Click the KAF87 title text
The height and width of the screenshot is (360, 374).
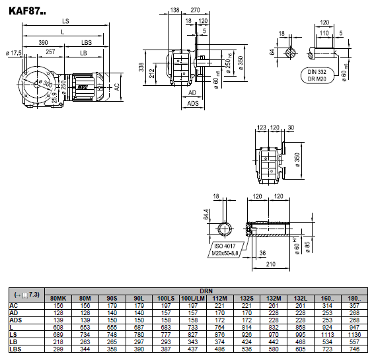pyautogui.click(x=27, y=11)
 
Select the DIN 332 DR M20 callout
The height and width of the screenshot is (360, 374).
pyautogui.click(x=317, y=75)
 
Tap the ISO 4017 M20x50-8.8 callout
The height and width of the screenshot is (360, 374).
pyautogui.click(x=225, y=250)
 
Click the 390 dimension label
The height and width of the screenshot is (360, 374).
pyautogui.click(x=43, y=43)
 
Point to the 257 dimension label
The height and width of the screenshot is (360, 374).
pyautogui.click(x=50, y=52)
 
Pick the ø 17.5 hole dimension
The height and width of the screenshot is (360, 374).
pyautogui.click(x=14, y=53)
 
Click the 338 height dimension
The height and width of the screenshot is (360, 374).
pyautogui.click(x=141, y=67)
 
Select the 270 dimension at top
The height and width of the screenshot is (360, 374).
pyautogui.click(x=195, y=10)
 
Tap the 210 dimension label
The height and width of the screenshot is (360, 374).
pyautogui.click(x=271, y=264)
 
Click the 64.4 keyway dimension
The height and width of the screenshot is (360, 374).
pyautogui.click(x=206, y=214)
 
